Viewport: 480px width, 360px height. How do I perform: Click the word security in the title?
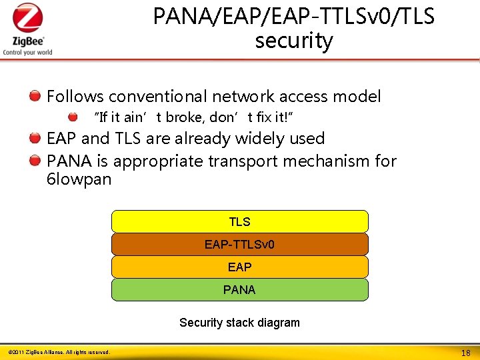(x=293, y=41)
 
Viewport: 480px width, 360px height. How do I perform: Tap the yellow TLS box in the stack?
(x=239, y=222)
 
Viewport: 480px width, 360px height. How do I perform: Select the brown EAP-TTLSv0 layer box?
(x=239, y=245)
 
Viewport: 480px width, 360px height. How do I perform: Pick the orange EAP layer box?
(x=239, y=267)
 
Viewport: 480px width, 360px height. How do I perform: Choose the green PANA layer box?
(x=239, y=290)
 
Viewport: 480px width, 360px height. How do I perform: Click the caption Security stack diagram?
(x=239, y=323)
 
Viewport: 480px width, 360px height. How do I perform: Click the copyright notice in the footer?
(x=59, y=351)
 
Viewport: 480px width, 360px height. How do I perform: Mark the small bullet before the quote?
(x=73, y=117)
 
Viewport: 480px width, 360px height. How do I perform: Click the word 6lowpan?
(x=79, y=179)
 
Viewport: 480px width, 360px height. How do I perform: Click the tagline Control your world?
(x=27, y=52)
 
